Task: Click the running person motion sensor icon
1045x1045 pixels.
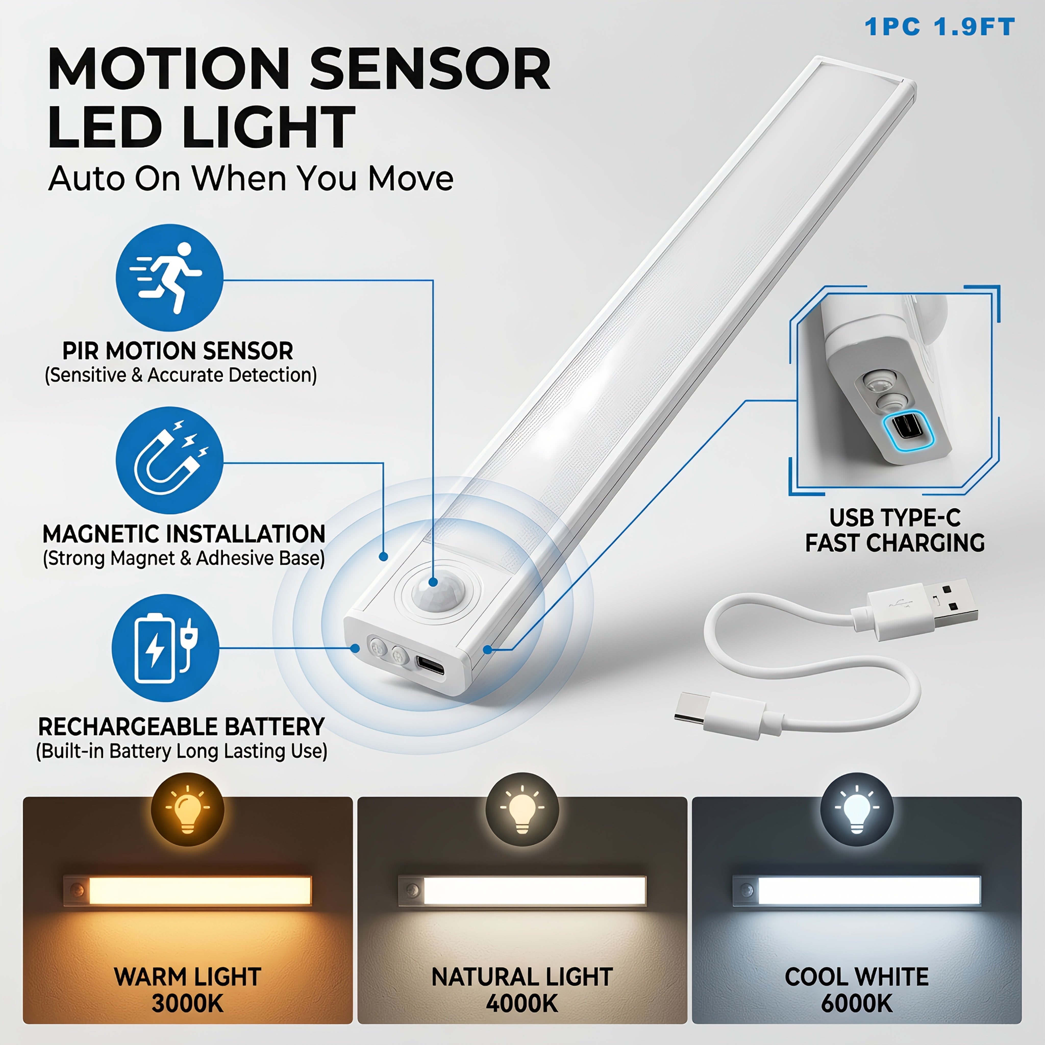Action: coord(169,278)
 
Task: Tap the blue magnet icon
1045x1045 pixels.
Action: coord(169,460)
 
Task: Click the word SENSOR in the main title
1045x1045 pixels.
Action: coord(430,69)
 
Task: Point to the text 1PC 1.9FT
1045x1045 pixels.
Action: coord(940,27)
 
